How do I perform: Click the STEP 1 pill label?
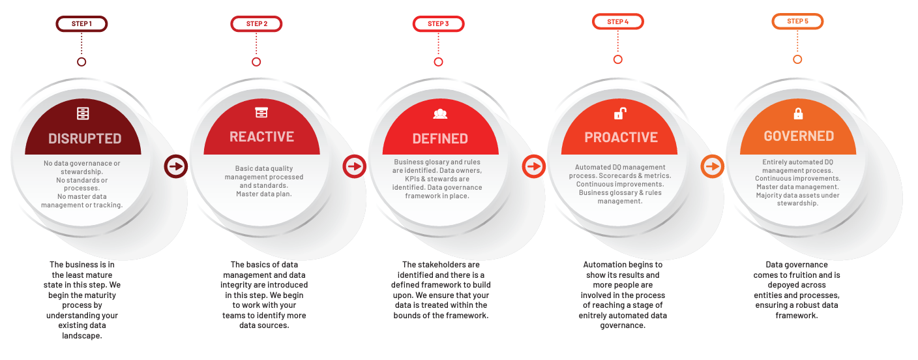pos(81,23)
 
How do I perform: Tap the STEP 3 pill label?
pos(438,23)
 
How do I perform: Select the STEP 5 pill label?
pos(797,22)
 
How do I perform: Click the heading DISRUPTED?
pos(85,139)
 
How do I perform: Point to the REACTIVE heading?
pos(261,136)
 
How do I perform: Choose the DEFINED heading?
pos(440,139)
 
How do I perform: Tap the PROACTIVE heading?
pos(621,138)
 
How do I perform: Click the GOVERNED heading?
pos(799,136)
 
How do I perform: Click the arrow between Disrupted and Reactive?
pos(176,166)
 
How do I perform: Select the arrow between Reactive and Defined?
pos(355,166)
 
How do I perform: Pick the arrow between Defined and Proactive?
pos(533,166)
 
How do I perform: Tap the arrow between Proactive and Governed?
pos(712,166)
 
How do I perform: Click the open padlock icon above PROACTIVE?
pos(620,113)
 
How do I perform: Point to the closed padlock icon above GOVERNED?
pos(798,113)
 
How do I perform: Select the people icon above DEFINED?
pos(440,113)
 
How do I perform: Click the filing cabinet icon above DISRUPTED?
pos(83,113)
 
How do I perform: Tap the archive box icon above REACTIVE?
pos(261,112)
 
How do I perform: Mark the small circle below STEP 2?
pos(256,62)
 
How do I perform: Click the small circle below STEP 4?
pos(617,59)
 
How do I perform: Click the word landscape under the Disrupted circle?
pos(81,335)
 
